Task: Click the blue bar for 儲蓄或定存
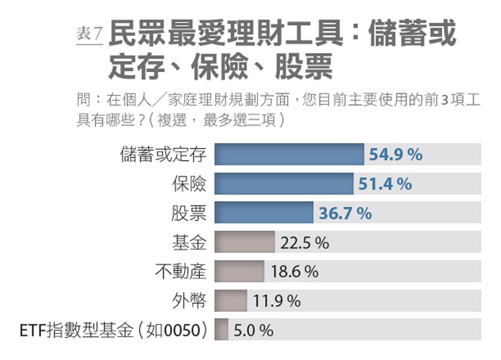click(x=289, y=154)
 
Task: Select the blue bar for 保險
click(x=283, y=183)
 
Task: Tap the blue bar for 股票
click(x=264, y=213)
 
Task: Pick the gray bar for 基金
click(x=244, y=242)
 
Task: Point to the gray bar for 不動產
click(x=239, y=271)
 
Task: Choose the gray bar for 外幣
click(x=230, y=301)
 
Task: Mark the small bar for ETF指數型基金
click(x=221, y=330)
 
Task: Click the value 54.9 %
click(x=396, y=154)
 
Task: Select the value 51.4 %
click(x=385, y=183)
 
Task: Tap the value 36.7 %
click(x=345, y=213)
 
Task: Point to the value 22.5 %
click(x=305, y=242)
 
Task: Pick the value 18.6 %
click(x=294, y=271)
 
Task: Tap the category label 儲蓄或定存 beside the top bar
click(x=163, y=154)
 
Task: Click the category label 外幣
click(x=189, y=301)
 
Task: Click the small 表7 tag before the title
click(x=89, y=35)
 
